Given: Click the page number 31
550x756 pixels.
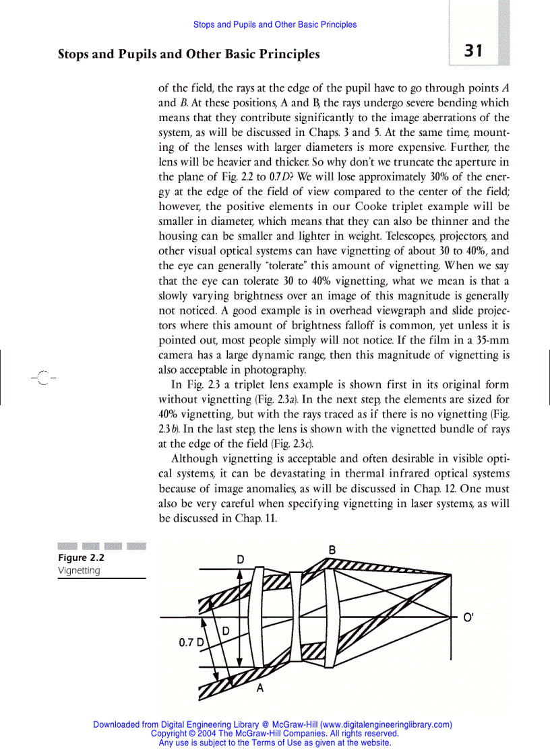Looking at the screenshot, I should tap(473, 51).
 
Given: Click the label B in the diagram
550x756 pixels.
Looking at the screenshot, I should tap(332, 551).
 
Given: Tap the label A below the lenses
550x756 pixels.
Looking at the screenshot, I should tap(259, 689).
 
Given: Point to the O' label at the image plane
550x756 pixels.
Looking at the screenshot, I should tap(468, 617).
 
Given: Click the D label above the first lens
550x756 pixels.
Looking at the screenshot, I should tap(240, 560).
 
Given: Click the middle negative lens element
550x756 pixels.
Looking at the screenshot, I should tap(296, 616).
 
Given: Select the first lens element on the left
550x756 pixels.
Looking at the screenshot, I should tap(255, 616).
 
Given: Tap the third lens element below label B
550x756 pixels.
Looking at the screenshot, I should tap(330, 616).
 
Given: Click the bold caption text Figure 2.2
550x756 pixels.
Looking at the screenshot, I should tap(81, 557).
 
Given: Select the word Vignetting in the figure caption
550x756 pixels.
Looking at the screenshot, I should tap(79, 570).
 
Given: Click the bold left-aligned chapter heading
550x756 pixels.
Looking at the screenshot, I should tap(189, 54).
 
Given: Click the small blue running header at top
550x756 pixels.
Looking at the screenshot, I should tap(275, 24).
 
